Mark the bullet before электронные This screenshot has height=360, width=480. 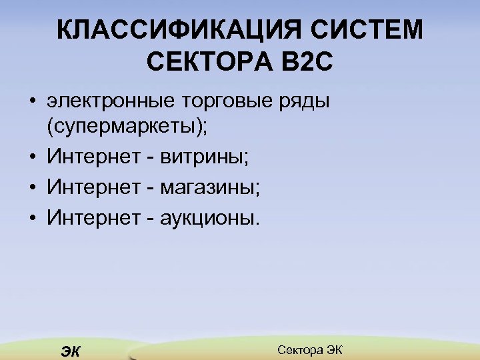click(x=32, y=103)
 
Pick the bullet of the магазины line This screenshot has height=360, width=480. click(x=32, y=189)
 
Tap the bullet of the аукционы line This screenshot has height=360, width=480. click(x=32, y=218)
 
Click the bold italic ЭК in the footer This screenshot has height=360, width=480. click(x=69, y=351)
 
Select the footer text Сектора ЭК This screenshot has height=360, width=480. click(x=309, y=349)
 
